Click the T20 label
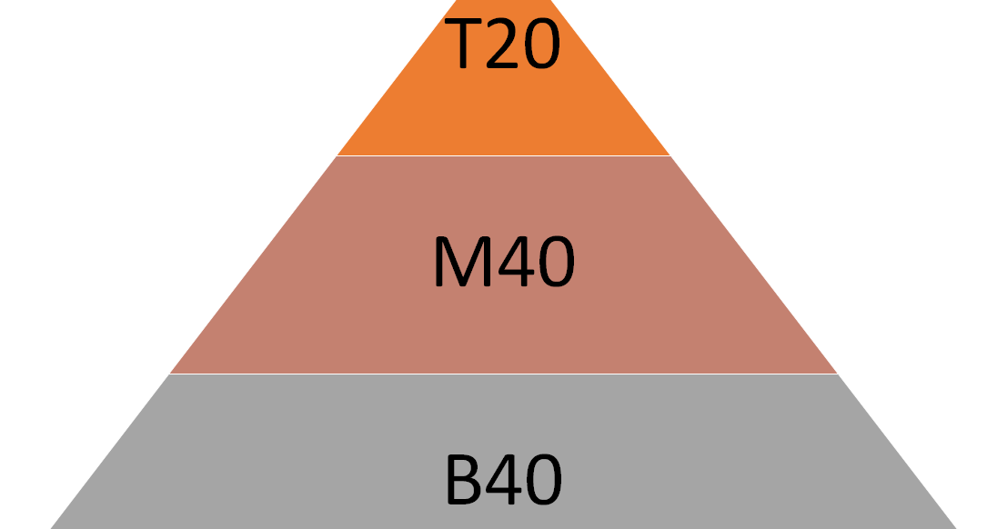pyautogui.click(x=504, y=45)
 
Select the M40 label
pyautogui.click(x=504, y=264)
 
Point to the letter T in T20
pyautogui.click(x=464, y=45)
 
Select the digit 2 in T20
pyautogui.click(x=503, y=45)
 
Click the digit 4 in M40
pyautogui.click(x=511, y=264)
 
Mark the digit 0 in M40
pyautogui.click(x=554, y=264)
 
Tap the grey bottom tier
pyautogui.click(x=273, y=454)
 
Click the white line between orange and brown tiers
pyautogui.click(x=503, y=155)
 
